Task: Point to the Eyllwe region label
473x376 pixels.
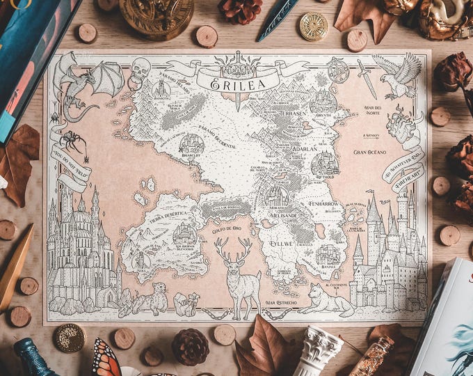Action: coord(281,244)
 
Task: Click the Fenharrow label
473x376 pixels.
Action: coord(324,204)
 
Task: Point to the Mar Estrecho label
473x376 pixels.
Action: coord(281,303)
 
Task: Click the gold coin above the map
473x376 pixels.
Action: coord(314,26)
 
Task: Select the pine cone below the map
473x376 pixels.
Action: coord(190,346)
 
